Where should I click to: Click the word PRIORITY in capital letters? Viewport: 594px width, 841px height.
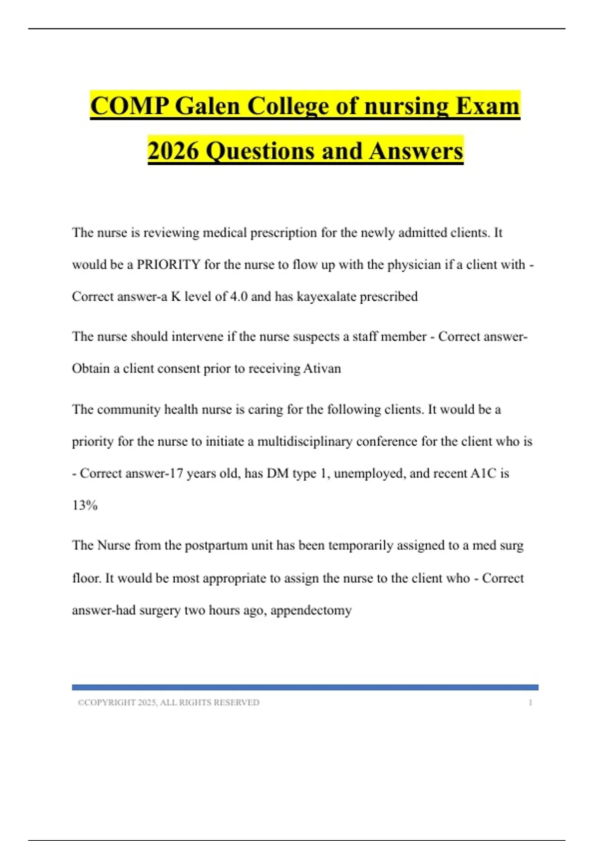[168, 265]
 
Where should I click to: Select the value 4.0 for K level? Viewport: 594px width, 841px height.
[239, 297]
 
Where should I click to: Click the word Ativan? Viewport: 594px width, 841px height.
[322, 369]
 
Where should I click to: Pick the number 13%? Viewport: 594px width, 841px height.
[85, 506]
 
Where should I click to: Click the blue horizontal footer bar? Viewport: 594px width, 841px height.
[305, 687]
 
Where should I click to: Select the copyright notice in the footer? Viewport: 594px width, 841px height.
[168, 702]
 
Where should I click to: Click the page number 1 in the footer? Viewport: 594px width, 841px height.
[530, 702]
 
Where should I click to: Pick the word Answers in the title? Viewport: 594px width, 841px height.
[416, 151]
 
